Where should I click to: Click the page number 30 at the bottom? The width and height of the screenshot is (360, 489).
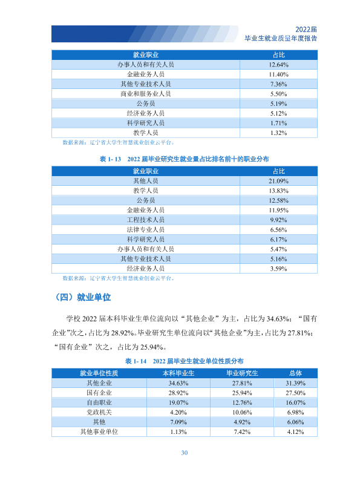[184, 453]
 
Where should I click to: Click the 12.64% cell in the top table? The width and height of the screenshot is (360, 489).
[278, 65]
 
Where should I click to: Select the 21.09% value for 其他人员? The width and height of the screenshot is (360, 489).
[278, 181]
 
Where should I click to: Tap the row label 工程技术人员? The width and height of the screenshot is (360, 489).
[146, 220]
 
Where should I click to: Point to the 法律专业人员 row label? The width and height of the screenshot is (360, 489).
[146, 229]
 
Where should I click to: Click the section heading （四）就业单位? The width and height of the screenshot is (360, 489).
[83, 297]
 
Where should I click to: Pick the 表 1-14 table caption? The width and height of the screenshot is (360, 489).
[184, 361]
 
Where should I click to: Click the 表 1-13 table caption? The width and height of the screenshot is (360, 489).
[184, 159]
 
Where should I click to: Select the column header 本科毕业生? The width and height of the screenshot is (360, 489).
[178, 373]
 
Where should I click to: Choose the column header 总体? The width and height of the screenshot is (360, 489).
[295, 373]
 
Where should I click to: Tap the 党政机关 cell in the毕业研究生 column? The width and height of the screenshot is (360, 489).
[242, 412]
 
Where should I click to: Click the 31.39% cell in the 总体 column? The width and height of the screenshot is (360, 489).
[295, 383]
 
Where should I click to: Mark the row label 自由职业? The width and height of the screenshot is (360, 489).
[99, 402]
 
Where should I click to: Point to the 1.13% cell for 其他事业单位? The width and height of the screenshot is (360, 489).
[178, 432]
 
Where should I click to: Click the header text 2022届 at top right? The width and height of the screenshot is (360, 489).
[306, 29]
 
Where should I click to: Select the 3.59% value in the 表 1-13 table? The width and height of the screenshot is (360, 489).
[278, 269]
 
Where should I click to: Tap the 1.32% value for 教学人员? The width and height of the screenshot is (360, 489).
[278, 133]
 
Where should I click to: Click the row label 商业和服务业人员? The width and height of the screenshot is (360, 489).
[146, 94]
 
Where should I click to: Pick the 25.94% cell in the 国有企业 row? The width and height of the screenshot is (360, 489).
[242, 393]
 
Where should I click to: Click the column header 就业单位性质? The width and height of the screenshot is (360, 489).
[99, 373]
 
